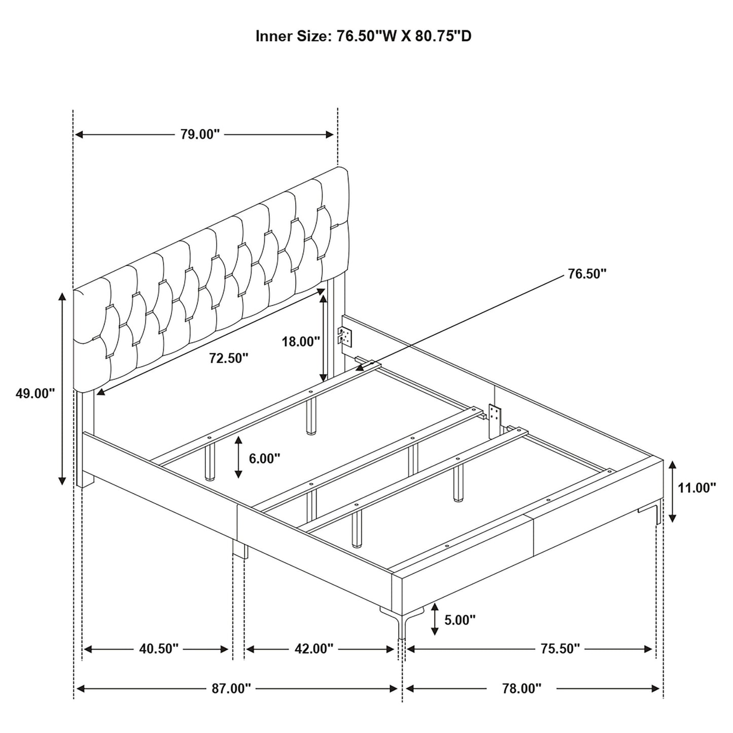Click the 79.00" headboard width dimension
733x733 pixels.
tap(200, 134)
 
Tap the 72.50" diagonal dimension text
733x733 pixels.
tap(229, 358)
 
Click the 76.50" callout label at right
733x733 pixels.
tap(587, 274)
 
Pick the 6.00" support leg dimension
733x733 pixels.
tap(265, 458)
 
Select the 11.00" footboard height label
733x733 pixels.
tap(697, 487)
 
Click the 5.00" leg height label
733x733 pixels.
tap(460, 619)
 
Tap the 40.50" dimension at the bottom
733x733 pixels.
tap(159, 649)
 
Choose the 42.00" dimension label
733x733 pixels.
tap(313, 649)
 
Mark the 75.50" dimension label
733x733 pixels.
tap(560, 649)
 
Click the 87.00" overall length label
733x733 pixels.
tap(231, 688)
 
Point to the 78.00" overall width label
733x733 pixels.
tap(521, 688)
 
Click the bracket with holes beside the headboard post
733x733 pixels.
tap(345, 336)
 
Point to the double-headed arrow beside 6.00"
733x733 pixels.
tap(238, 458)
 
